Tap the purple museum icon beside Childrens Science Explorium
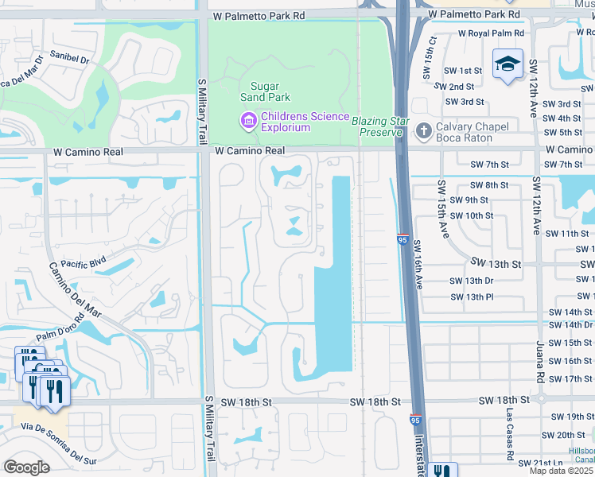[x=248, y=121]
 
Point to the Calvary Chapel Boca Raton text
[x=473, y=131]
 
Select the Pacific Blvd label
[x=83, y=263]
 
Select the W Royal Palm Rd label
[x=491, y=33]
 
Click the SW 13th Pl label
[x=472, y=297]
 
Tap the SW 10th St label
[x=471, y=215]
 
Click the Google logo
[x=26, y=467]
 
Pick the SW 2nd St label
[x=461, y=87]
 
